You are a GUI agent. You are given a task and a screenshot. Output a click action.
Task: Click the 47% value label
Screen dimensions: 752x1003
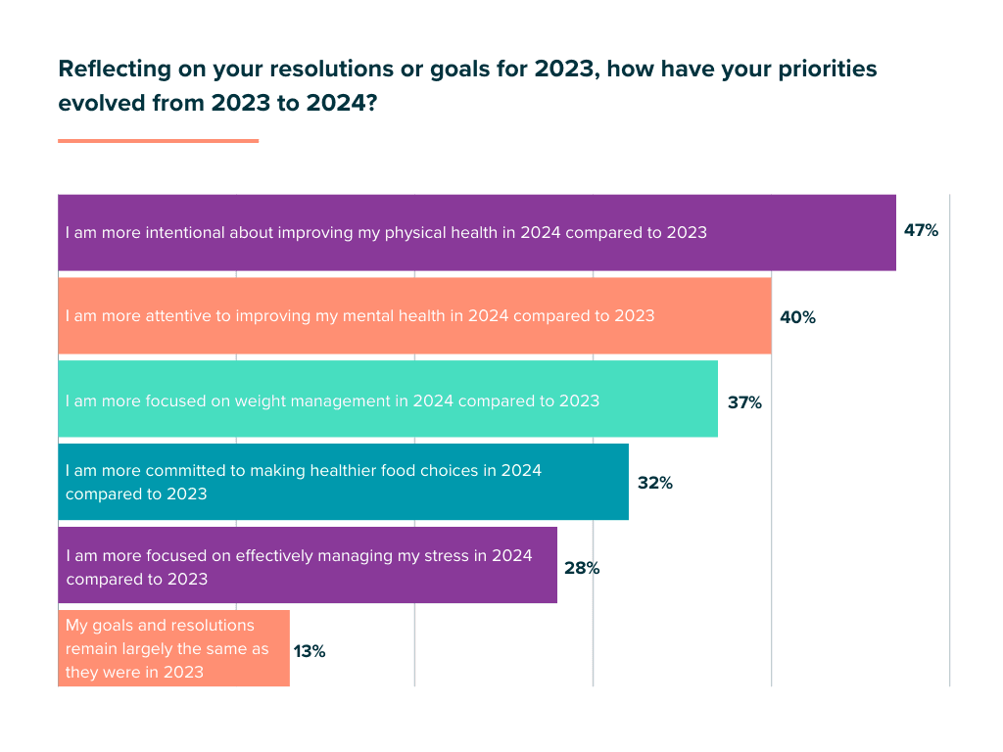tap(921, 231)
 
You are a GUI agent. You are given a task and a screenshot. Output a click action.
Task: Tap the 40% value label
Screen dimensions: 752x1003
tap(797, 317)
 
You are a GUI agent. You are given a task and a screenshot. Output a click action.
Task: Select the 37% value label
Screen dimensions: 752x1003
tap(743, 401)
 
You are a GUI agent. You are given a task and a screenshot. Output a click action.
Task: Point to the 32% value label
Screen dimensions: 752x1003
tap(654, 483)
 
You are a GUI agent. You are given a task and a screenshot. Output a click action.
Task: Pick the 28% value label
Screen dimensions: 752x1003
tap(581, 568)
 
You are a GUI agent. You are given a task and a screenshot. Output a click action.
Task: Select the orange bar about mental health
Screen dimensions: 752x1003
tap(715, 315)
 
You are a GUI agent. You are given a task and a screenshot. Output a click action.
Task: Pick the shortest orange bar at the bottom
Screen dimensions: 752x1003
tap(274, 648)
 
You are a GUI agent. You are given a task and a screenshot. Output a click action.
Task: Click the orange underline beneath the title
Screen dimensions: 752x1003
tap(158, 141)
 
